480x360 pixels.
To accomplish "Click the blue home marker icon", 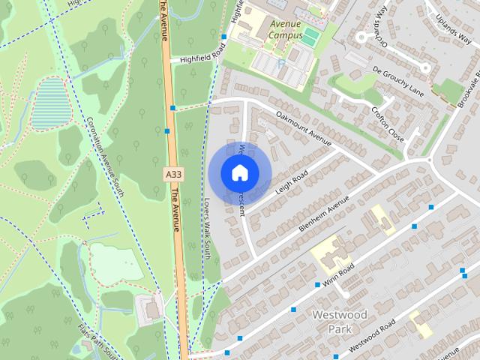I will pos(239,172).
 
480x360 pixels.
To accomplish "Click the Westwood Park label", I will pos(339,321).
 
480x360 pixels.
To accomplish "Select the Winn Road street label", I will pos(338,273).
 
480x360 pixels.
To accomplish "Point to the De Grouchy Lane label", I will pos(397,79).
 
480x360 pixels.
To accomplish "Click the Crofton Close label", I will pos(387,124).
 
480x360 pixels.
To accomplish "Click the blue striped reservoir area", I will pos(49,103).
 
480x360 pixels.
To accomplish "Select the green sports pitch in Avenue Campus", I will pos(310,37).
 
